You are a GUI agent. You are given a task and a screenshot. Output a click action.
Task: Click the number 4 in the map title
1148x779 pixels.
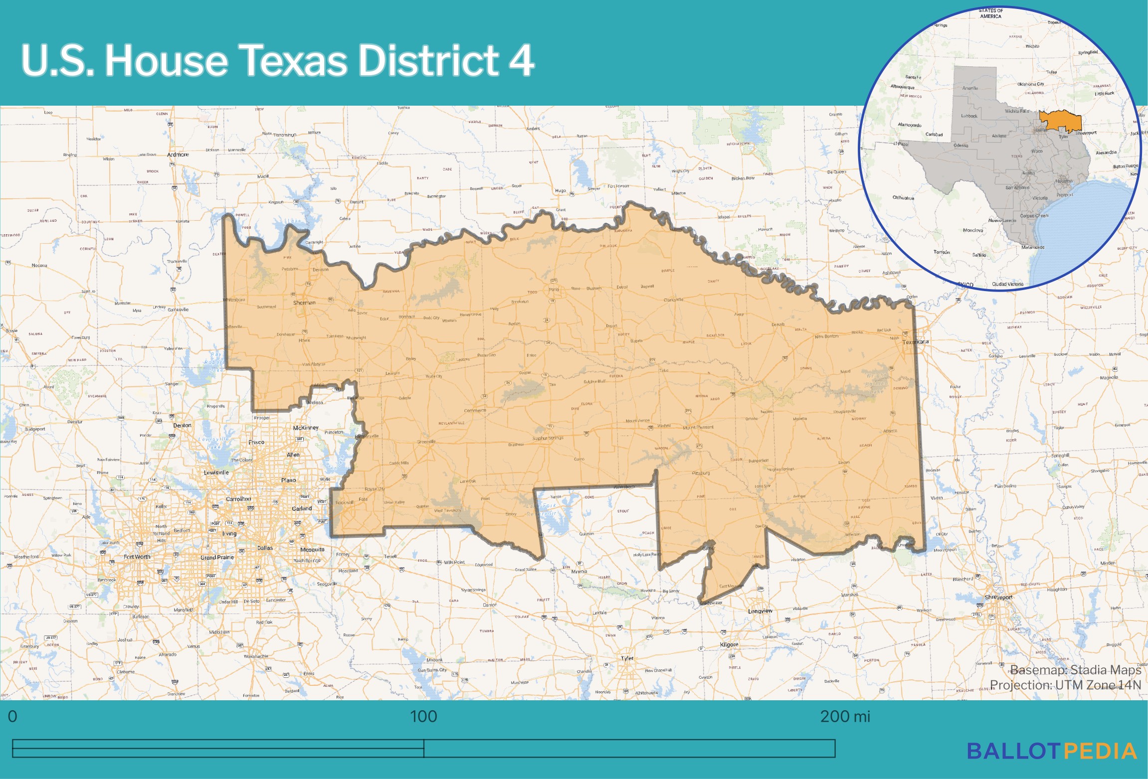pyautogui.click(x=521, y=60)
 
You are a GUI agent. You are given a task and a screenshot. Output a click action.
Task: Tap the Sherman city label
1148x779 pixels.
pyautogui.click(x=304, y=303)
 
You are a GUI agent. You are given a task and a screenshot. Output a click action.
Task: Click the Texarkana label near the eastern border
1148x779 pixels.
pyautogui.click(x=916, y=342)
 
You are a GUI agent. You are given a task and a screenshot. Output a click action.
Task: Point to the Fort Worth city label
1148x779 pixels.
pyautogui.click(x=137, y=557)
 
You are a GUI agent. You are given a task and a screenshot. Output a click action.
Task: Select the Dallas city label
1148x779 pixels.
pyautogui.click(x=265, y=548)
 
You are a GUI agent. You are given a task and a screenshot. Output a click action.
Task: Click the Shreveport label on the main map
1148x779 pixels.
pyautogui.click(x=998, y=597)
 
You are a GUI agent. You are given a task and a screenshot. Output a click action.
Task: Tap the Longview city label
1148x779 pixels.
pyautogui.click(x=760, y=611)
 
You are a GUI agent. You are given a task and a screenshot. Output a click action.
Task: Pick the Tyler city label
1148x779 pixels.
pyautogui.click(x=627, y=658)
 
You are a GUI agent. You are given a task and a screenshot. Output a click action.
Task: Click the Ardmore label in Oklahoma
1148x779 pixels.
pyautogui.click(x=178, y=155)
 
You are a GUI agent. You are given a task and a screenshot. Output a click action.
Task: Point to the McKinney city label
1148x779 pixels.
pyautogui.click(x=306, y=428)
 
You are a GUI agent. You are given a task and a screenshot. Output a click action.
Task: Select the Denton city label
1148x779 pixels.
pyautogui.click(x=182, y=425)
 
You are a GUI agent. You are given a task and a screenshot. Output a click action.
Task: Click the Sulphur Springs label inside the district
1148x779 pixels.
pyautogui.click(x=548, y=438)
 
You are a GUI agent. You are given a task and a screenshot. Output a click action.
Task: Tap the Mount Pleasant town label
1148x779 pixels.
pyautogui.click(x=698, y=428)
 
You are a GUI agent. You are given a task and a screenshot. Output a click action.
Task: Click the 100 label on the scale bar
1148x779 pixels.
pyautogui.click(x=423, y=716)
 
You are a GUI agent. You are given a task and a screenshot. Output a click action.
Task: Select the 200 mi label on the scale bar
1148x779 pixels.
pyautogui.click(x=845, y=716)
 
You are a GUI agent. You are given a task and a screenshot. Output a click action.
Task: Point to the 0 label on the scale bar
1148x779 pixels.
pyautogui.click(x=13, y=716)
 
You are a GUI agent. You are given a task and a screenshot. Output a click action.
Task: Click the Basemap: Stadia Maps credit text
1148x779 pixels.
pyautogui.click(x=1075, y=670)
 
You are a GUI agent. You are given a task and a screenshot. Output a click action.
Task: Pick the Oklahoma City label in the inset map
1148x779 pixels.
pyautogui.click(x=1031, y=84)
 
